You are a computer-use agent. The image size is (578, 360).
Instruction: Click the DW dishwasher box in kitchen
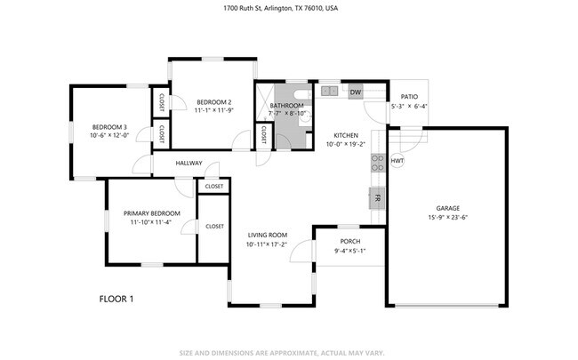[356, 92]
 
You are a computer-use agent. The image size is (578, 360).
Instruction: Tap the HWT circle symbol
[397, 161]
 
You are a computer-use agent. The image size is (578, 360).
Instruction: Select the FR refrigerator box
[377, 198]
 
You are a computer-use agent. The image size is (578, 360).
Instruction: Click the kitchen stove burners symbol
[378, 163]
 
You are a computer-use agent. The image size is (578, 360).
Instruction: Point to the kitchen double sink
[329, 91]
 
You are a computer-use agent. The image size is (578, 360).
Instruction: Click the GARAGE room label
[448, 208]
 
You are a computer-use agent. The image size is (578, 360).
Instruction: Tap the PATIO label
[409, 97]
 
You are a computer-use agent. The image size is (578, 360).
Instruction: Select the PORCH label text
[350, 242]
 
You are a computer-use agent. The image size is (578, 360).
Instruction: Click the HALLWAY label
[189, 163]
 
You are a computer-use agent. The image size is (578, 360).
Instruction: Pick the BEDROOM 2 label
[214, 102]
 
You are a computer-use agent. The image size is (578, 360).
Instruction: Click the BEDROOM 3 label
[109, 127]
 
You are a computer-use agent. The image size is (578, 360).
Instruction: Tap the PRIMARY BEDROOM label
[152, 213]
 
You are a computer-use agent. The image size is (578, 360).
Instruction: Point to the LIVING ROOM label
[268, 235]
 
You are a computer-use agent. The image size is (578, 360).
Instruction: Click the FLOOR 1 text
[116, 299]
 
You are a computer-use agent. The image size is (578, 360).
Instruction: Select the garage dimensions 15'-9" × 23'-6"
[448, 218]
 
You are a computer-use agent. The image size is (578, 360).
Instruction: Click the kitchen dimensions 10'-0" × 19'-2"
[346, 144]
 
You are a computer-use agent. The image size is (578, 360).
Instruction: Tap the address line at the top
[280, 8]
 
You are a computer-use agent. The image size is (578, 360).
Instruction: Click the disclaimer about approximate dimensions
[282, 353]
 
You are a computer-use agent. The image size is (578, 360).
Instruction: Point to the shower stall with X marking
[265, 102]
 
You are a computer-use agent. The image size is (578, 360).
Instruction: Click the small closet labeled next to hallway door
[214, 187]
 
